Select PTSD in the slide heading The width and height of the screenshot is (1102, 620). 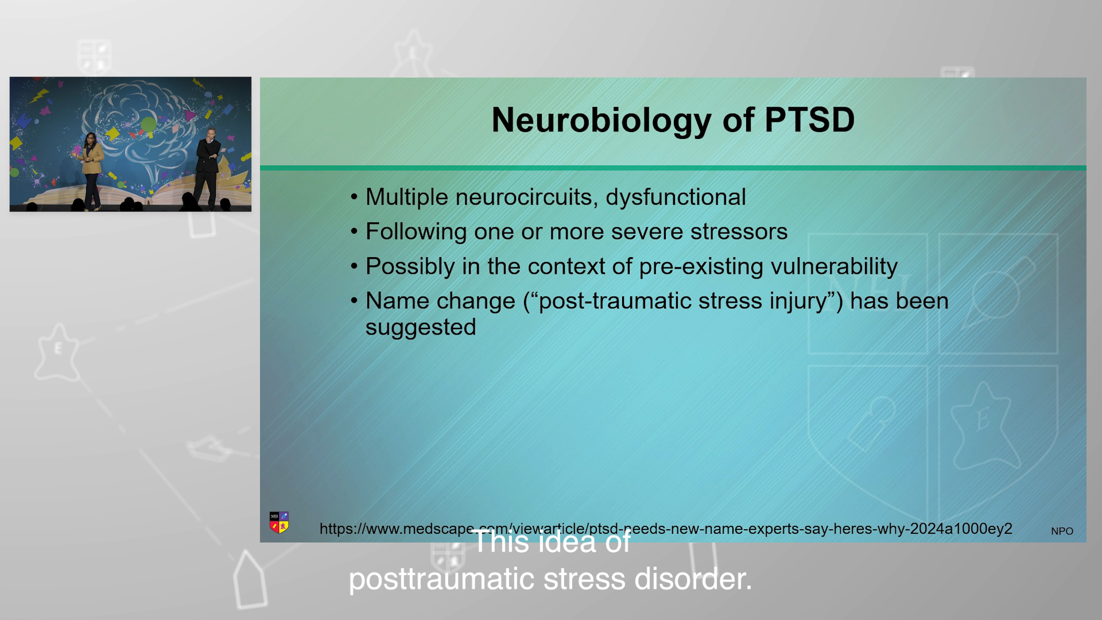coord(809,120)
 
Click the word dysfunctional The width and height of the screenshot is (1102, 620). coord(676,197)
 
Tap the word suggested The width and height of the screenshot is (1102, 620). coord(421,328)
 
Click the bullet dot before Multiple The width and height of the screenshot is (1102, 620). coord(354,197)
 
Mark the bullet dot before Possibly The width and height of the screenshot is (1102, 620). coord(354,266)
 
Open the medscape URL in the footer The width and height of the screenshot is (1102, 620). coord(666,529)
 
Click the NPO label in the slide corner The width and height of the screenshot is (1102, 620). coord(1062,531)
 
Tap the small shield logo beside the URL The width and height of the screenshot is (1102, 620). coord(279,522)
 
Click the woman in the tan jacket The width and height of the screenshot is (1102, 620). coord(91,170)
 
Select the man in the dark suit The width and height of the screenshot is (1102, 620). coord(208,167)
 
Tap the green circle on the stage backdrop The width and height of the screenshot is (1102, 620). coord(149,124)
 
